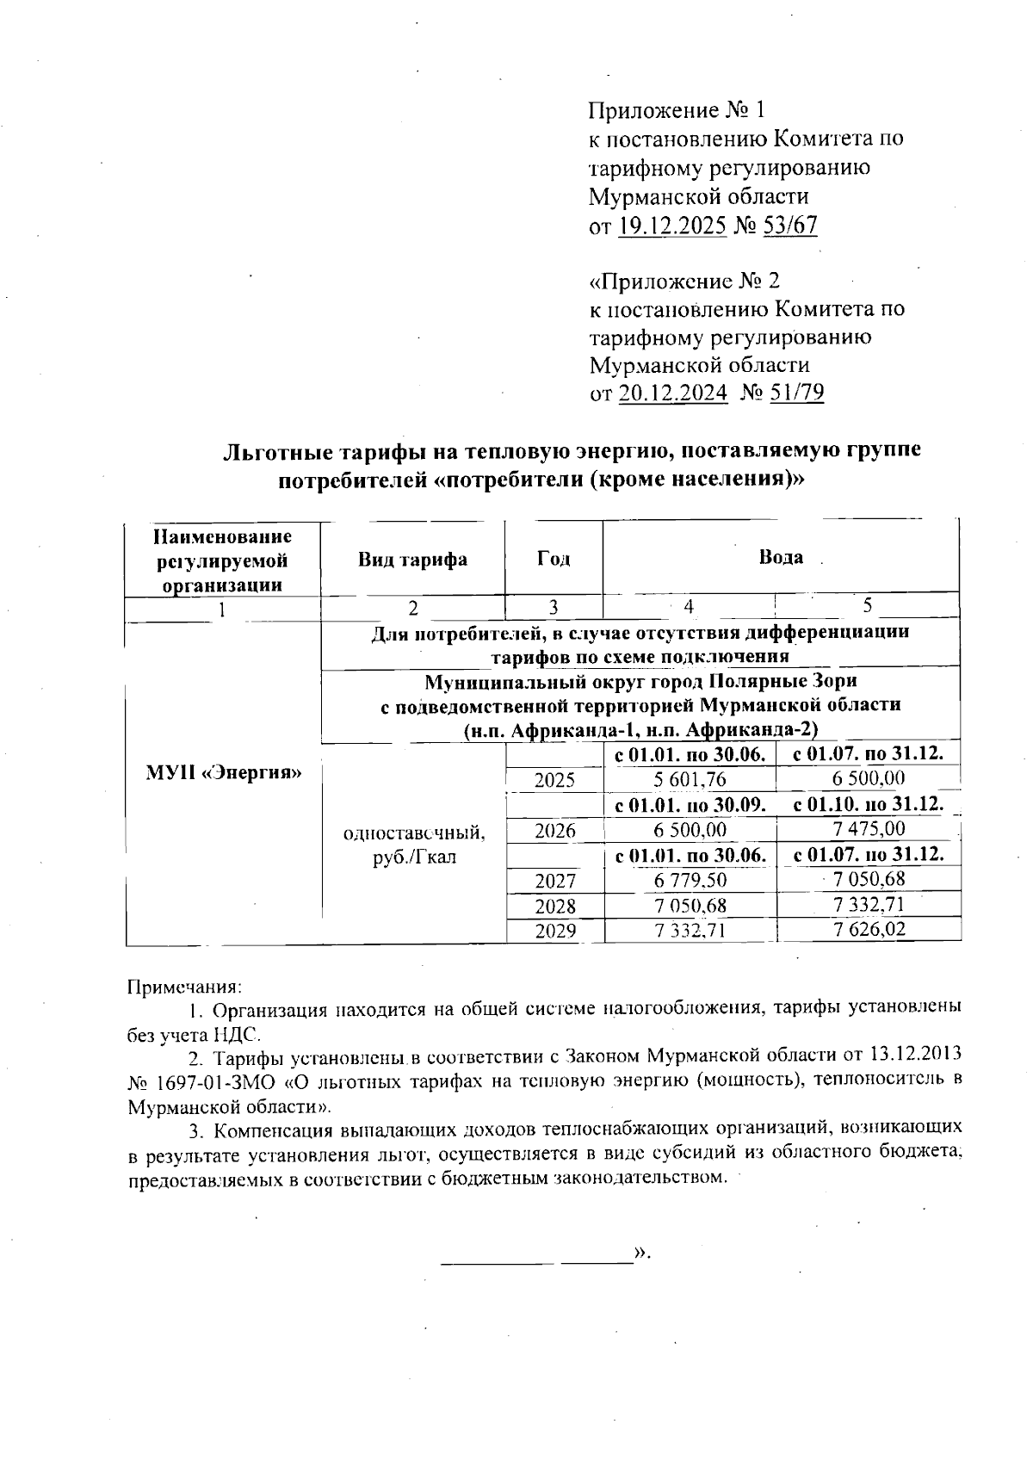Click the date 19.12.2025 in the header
point(672,226)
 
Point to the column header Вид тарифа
point(412,560)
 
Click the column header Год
point(554,560)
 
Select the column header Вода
point(780,557)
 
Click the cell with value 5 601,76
point(690,780)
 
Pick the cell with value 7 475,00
point(869,829)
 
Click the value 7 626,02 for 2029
point(869,930)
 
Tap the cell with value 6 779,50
point(690,881)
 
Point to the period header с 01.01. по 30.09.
point(690,806)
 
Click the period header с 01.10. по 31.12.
point(869,806)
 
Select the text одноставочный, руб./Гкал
point(413,845)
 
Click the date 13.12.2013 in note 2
point(906,1055)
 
